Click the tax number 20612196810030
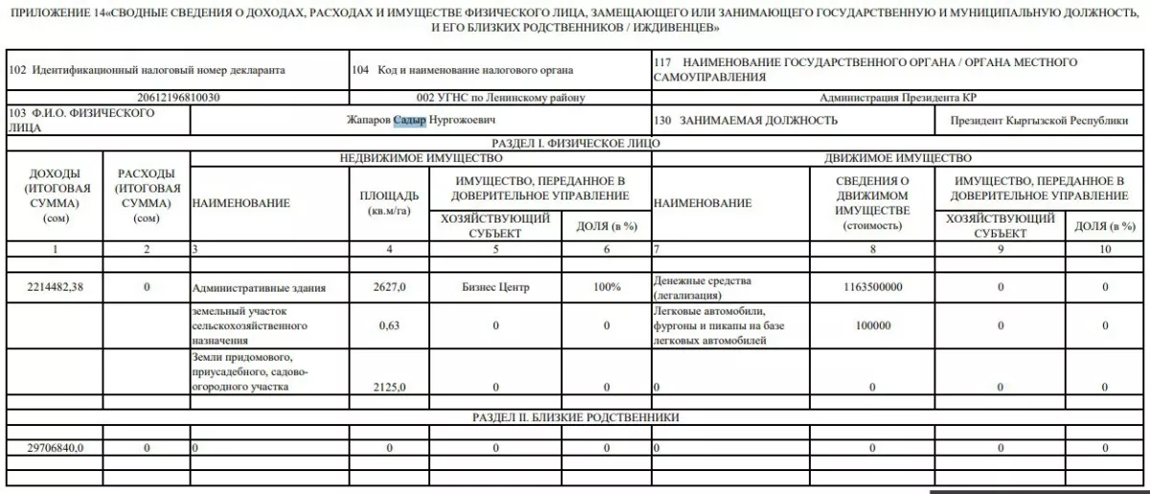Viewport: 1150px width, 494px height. tap(179, 98)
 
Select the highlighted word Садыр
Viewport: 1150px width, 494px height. tap(409, 121)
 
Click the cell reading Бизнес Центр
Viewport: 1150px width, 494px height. tap(494, 286)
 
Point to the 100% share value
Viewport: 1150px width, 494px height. tap(607, 286)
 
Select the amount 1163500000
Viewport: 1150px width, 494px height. tap(871, 286)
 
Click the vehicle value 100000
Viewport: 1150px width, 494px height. tap(871, 325)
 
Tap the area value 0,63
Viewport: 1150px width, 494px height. tap(389, 325)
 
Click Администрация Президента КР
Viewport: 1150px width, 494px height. tap(898, 98)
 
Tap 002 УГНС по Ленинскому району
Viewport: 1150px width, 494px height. tap(500, 98)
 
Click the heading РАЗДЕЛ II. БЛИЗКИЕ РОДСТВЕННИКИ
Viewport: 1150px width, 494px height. tap(576, 417)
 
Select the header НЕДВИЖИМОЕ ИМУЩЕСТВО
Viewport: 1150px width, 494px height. tap(421, 157)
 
